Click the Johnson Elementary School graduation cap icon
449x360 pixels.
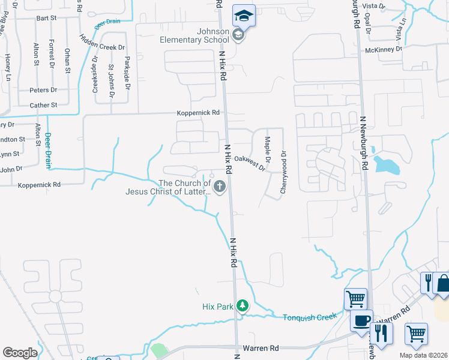pos(244,16)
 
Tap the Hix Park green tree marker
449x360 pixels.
pos(243,306)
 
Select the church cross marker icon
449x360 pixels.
pos(220,187)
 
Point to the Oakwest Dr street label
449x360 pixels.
pos(250,162)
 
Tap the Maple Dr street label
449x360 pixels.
pos(268,150)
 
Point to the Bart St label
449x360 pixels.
pos(46,19)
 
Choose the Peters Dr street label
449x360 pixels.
pos(43,90)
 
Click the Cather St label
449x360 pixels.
pos(43,105)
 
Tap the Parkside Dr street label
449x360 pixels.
pos(127,73)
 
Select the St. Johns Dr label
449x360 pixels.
pos(111,82)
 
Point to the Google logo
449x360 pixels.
pos(20,352)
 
